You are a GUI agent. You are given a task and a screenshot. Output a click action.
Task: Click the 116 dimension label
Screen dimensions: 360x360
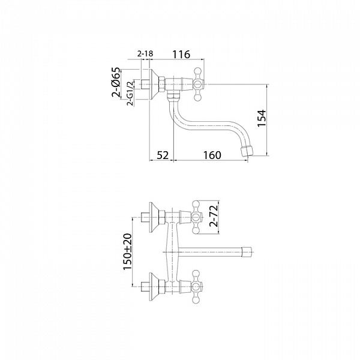181,55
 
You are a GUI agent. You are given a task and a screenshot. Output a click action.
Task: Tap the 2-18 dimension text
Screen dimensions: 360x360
145,54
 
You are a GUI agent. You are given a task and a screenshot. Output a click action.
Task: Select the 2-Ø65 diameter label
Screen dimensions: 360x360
116,82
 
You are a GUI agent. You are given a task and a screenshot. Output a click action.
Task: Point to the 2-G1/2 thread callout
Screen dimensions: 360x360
130,93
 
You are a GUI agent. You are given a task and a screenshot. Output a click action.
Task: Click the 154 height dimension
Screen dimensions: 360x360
262,118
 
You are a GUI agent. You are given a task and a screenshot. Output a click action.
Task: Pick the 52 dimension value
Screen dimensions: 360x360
163,155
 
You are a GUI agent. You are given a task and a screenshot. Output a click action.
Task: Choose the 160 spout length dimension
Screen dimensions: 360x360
212,155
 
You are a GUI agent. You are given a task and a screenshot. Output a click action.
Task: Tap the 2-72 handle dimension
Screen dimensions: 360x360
214,216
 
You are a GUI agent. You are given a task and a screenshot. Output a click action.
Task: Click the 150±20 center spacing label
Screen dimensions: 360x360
128,251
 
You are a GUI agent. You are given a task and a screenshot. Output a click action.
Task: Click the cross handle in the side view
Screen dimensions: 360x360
198,84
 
